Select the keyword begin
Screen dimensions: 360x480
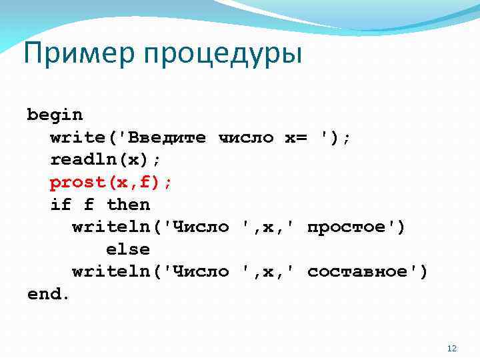click(55, 115)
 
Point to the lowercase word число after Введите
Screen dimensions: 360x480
click(246, 137)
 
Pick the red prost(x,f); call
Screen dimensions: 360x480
click(111, 182)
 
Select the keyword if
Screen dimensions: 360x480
click(61, 205)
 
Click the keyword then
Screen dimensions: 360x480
click(129, 205)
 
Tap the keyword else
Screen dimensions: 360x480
click(128, 249)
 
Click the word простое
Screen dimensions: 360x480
click(352, 227)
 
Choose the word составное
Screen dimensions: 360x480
click(363, 271)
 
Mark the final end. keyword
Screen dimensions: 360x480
click(49, 294)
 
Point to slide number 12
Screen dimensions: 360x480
click(451, 349)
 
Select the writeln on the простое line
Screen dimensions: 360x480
click(111, 227)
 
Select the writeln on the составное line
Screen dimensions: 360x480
click(111, 271)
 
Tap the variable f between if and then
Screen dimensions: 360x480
click(89, 205)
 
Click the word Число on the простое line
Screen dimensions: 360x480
click(201, 227)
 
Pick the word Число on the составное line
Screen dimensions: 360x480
click(201, 271)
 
